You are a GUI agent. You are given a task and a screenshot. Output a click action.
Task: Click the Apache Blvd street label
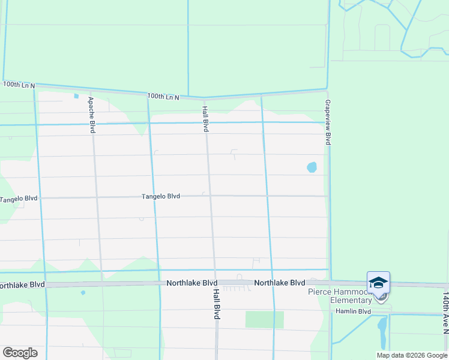[x=92, y=115]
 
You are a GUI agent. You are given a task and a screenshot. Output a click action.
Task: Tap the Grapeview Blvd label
[x=328, y=122]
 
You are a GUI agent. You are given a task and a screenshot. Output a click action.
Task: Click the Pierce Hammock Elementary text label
[x=340, y=296]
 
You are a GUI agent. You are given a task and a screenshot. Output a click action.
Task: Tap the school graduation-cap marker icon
[x=378, y=283]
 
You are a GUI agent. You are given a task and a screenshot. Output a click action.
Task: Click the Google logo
[x=20, y=353]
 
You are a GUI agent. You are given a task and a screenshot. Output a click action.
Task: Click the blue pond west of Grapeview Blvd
[x=312, y=167]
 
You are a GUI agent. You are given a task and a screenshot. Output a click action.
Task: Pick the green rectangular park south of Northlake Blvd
[x=264, y=319]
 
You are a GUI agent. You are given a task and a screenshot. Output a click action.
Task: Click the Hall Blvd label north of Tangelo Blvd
[x=205, y=119]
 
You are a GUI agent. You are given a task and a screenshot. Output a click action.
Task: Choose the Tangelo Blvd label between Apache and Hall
[x=161, y=196]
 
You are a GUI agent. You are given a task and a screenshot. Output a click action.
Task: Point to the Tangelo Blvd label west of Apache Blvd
[x=19, y=199]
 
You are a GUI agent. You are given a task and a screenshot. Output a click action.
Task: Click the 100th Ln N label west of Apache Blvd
[x=19, y=85]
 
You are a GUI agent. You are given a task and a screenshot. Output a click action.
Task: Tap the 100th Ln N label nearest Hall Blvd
[x=163, y=96]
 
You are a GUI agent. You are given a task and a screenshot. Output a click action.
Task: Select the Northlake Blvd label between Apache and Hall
[x=192, y=283]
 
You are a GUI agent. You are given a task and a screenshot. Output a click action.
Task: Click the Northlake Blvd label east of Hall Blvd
[x=279, y=283]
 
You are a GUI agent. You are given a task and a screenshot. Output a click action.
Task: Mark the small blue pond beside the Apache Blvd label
[x=76, y=96]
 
